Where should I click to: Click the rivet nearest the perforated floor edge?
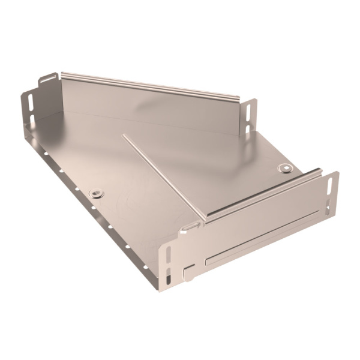[96, 194]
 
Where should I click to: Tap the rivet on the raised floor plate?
[285, 168]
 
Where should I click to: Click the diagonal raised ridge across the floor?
[162, 177]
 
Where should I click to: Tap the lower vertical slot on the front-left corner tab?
[168, 277]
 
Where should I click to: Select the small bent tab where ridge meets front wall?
[190, 227]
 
